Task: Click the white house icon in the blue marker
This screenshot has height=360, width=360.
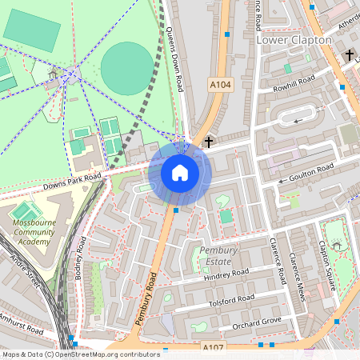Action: tap(180, 173)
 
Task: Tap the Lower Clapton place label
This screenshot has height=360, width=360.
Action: tap(293, 39)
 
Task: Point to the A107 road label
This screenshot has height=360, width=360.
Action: tap(213, 347)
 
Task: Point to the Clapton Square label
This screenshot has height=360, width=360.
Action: tap(326, 268)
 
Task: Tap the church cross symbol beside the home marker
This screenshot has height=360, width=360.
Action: tap(209, 142)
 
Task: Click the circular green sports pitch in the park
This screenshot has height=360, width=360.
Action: tap(126, 68)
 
